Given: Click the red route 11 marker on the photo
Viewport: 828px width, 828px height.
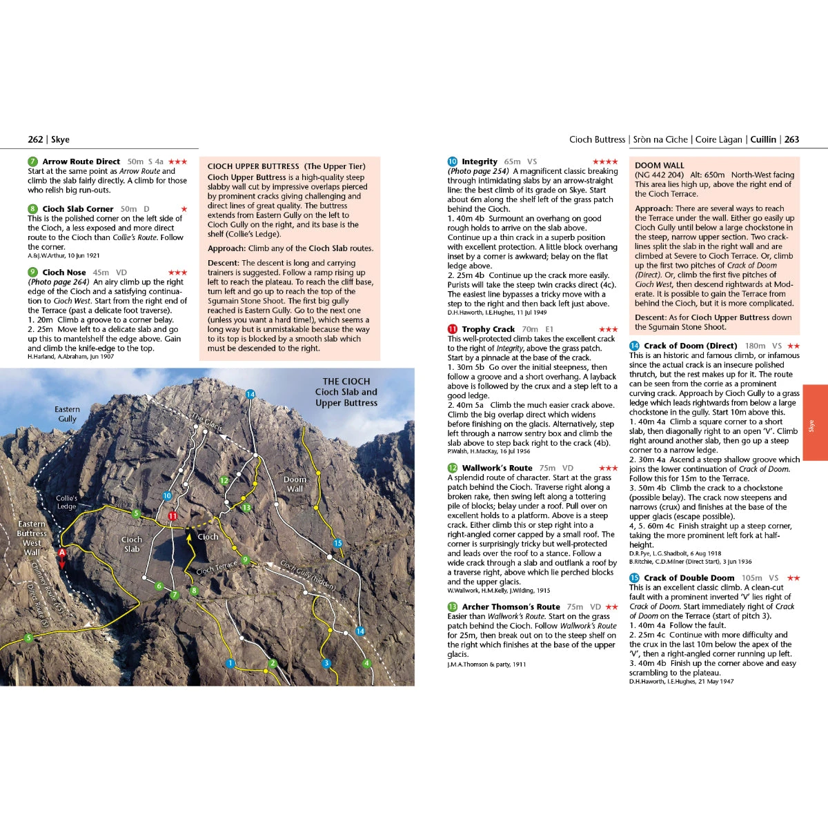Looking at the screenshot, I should tap(172, 515).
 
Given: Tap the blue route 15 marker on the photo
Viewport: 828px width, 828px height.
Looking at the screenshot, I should tap(337, 543).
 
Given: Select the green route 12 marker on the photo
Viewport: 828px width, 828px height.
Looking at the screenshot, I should tap(224, 480).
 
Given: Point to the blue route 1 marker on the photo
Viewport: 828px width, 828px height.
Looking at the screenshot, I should tap(230, 663).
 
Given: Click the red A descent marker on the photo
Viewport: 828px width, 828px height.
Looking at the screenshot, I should tap(61, 552).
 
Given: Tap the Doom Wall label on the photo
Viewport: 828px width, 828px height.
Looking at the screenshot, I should tap(295, 484).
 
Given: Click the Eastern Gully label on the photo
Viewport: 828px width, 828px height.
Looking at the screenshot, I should tap(67, 414).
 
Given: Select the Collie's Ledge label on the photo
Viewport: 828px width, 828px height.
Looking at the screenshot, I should tap(66, 502).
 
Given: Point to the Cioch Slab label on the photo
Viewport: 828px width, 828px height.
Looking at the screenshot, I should tap(131, 544).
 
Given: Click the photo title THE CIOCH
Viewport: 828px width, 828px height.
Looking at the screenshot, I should tap(346, 381).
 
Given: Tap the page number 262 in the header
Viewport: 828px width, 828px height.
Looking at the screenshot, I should tap(35, 139).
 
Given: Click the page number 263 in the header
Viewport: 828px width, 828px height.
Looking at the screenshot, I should tap(791, 139).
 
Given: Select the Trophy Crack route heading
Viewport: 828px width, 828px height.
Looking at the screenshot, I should tap(488, 329).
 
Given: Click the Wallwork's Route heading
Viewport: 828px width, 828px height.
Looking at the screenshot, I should tap(497, 468).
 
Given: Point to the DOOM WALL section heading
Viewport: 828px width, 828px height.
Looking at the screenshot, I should tap(659, 166).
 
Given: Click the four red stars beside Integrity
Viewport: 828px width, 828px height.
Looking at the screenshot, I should tap(604, 161).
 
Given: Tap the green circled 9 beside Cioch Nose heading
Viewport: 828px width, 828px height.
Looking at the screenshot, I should tap(32, 273).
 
